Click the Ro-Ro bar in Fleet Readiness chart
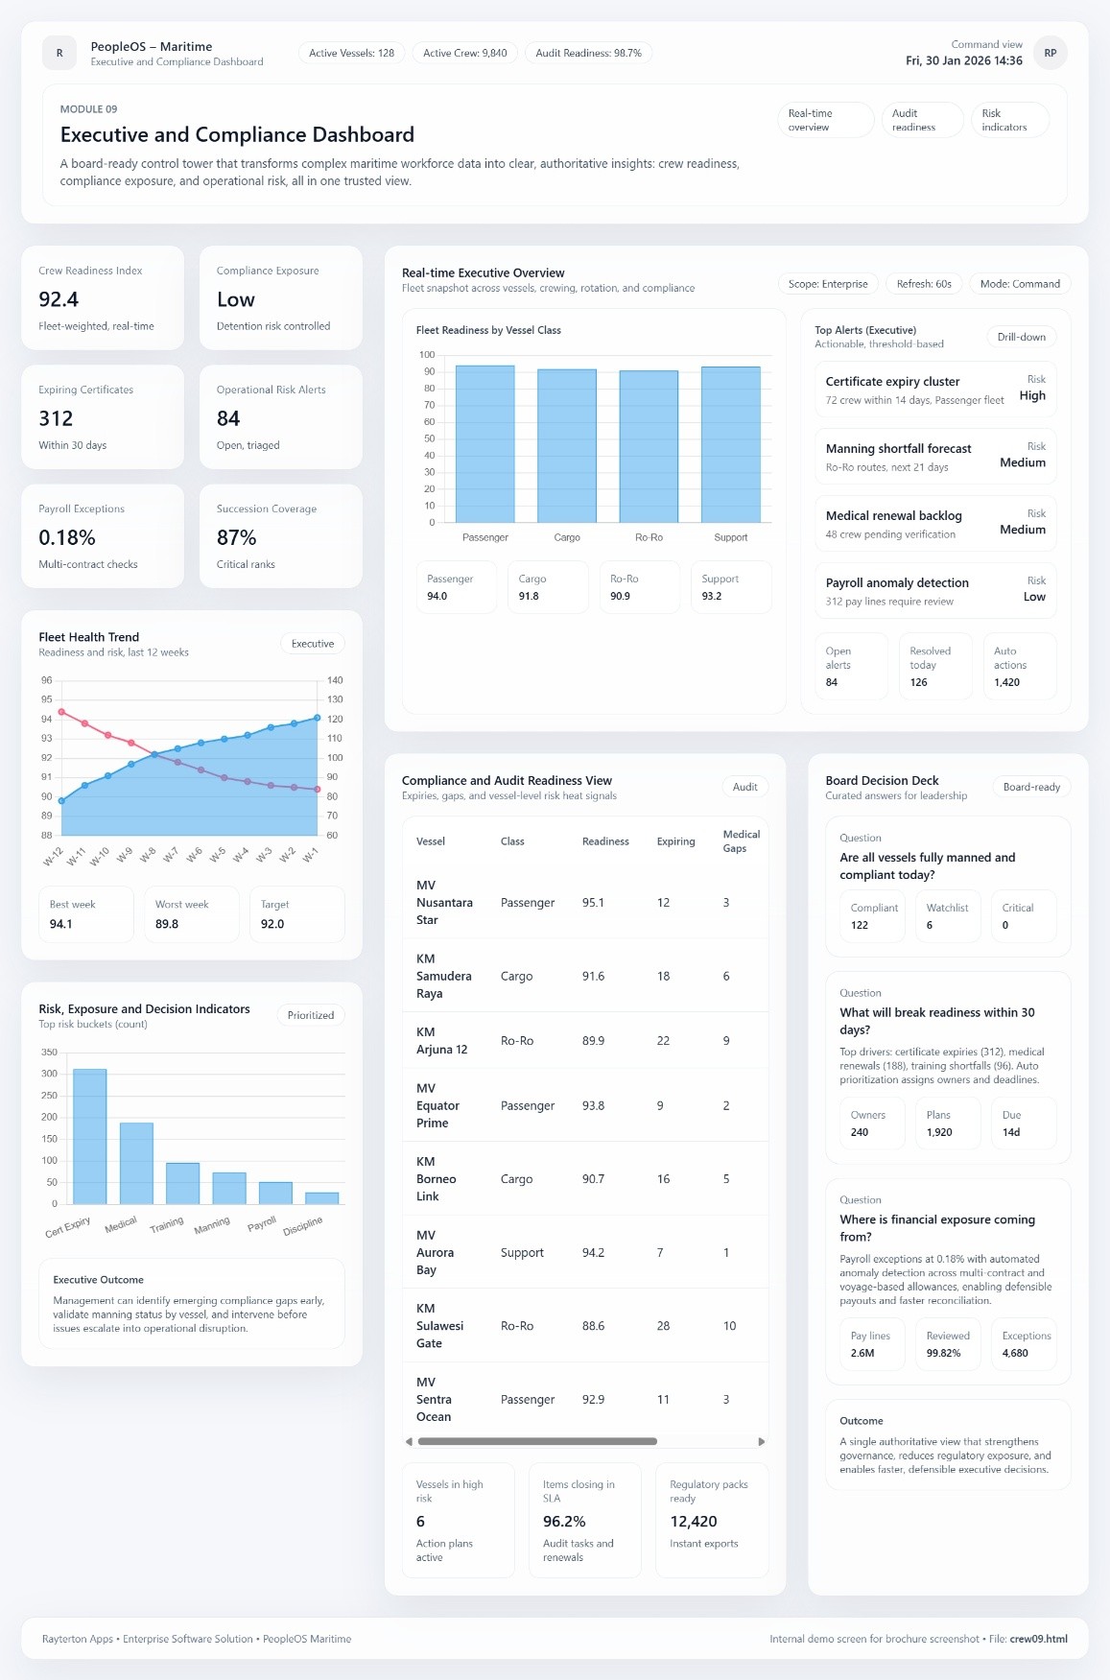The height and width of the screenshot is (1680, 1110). (649, 446)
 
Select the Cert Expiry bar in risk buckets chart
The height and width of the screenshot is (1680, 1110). (89, 1136)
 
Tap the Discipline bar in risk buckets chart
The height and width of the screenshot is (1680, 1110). (321, 1197)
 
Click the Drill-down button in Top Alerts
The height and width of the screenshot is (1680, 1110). (1021, 337)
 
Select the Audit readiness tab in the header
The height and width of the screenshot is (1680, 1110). (921, 120)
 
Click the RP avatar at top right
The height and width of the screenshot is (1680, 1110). (1051, 53)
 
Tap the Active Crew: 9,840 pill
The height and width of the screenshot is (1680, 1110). (465, 53)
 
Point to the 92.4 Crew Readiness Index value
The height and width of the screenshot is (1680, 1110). (59, 299)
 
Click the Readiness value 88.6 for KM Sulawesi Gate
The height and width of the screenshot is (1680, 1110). (593, 1326)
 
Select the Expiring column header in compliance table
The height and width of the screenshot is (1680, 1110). (675, 841)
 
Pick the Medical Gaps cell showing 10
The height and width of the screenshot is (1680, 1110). (729, 1326)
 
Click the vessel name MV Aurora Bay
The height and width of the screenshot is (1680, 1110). (435, 1252)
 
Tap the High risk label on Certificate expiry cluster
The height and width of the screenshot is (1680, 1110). (1032, 395)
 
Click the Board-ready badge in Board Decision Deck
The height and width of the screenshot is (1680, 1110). (1031, 787)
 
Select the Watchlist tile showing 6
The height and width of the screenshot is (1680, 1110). (947, 916)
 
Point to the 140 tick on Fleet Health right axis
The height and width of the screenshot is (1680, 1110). (334, 680)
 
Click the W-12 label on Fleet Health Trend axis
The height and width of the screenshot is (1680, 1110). (53, 856)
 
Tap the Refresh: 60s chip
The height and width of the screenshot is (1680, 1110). (924, 284)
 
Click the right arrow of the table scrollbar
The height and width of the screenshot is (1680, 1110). (762, 1441)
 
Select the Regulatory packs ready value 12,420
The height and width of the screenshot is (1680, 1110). (693, 1522)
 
